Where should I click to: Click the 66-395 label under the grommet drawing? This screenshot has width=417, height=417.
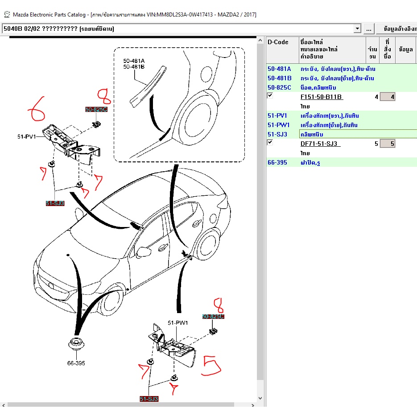point(76,363)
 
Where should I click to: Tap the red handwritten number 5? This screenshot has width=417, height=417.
point(211,365)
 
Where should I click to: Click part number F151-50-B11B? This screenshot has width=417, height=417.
point(322,97)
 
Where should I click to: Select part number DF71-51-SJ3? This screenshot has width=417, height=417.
point(320,144)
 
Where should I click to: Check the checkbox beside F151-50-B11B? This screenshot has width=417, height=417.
point(270,95)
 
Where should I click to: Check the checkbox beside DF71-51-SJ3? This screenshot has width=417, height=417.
point(270,142)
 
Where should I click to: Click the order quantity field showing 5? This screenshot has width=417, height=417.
point(387,144)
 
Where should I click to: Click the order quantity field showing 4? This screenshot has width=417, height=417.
point(387,97)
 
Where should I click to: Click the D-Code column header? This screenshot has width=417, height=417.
point(278,42)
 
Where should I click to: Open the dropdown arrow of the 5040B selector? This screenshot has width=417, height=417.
point(357,29)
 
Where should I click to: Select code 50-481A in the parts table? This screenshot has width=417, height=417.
point(279,69)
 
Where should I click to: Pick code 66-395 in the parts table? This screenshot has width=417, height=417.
point(277,162)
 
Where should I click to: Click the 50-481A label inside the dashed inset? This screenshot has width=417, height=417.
point(134,61)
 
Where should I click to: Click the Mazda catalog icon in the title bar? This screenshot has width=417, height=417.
point(7,15)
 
